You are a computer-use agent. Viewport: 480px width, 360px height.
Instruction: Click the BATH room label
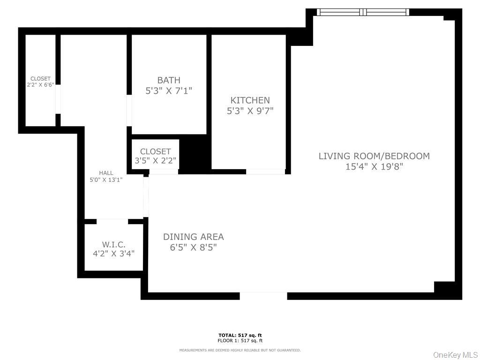coord(169,80)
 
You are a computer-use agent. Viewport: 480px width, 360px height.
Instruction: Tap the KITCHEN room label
coord(250,100)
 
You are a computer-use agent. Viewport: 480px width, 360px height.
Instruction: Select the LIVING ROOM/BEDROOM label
coord(374,156)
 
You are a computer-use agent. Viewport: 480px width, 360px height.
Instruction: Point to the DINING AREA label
coord(193,237)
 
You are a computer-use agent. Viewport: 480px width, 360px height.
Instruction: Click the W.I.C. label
coord(113,244)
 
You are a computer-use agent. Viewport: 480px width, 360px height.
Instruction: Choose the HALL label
coord(106,173)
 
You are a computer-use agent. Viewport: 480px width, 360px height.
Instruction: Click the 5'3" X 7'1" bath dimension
coord(169,90)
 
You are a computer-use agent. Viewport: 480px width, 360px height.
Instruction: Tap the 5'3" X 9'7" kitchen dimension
coord(250,111)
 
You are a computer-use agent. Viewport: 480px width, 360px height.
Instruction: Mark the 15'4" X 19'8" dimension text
coord(374,166)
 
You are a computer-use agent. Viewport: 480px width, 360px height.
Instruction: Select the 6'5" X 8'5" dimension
coord(193,247)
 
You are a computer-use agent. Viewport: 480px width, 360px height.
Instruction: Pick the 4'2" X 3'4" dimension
coord(113,254)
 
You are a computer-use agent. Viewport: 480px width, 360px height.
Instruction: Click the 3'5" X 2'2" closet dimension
coord(155,161)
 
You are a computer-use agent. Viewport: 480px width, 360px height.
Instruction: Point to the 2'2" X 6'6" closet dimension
coord(40,85)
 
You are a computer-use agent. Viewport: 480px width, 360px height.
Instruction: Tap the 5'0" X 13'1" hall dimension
coord(106,180)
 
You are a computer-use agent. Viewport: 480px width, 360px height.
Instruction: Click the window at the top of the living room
coord(363,12)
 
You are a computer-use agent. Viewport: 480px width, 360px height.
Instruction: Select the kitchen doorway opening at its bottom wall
coord(265,172)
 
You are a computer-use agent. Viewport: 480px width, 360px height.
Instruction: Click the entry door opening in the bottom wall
coord(263,296)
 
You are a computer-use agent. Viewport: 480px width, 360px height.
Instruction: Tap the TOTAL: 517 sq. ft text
coord(240,335)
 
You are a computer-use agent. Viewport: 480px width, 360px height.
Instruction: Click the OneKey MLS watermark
coord(455,355)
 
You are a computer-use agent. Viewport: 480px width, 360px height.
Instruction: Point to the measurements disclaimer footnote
coord(240,350)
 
